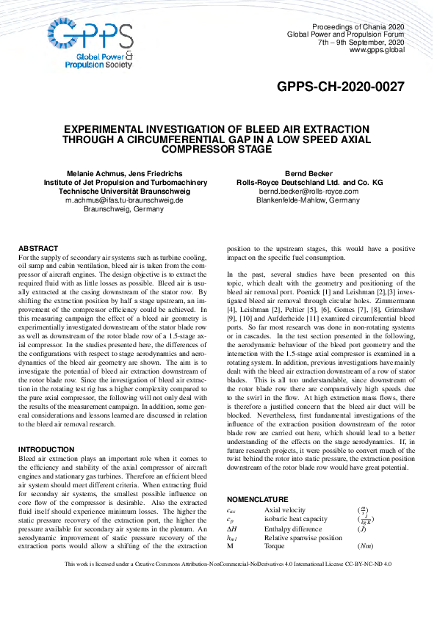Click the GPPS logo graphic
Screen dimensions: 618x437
(90, 43)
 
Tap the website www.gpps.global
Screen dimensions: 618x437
(377, 50)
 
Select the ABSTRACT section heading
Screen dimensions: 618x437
(38, 249)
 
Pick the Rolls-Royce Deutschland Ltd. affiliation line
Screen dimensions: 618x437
(309, 182)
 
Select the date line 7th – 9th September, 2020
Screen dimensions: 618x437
(361, 42)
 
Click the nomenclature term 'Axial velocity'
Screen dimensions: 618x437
(284, 510)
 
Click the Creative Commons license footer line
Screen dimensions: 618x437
(218, 585)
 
